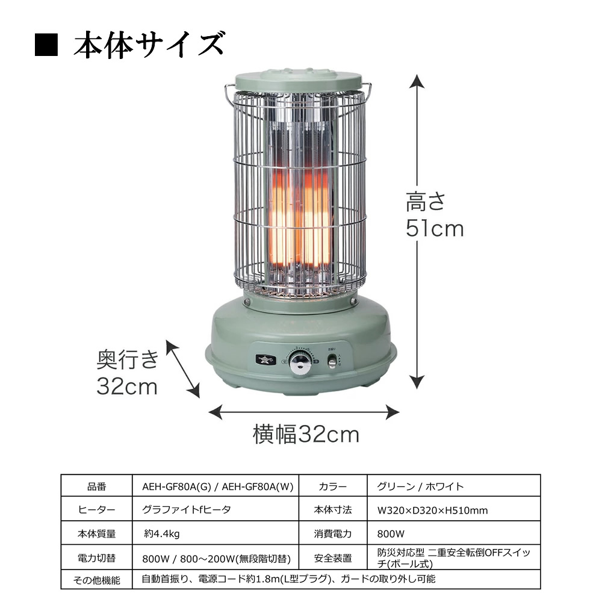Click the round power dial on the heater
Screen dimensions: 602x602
click(300, 363)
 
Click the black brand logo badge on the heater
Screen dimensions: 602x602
click(263, 360)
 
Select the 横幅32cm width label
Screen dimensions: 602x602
click(306, 433)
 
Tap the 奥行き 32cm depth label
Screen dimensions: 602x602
click(128, 373)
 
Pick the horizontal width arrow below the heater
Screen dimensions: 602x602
click(304, 412)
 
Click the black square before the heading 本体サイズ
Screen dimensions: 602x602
click(46, 46)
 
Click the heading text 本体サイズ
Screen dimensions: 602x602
click(149, 46)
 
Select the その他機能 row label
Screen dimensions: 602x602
click(96, 580)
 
